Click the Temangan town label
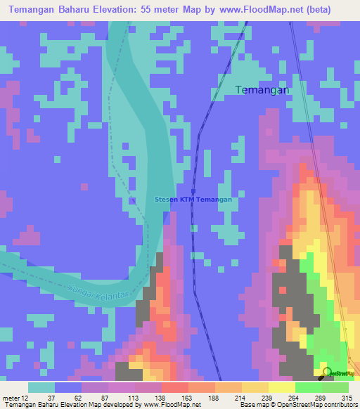coord(262,90)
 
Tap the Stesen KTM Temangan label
coord(193,200)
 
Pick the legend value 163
coord(186,397)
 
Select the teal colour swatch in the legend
coord(41,387)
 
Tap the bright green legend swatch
coord(308,387)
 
